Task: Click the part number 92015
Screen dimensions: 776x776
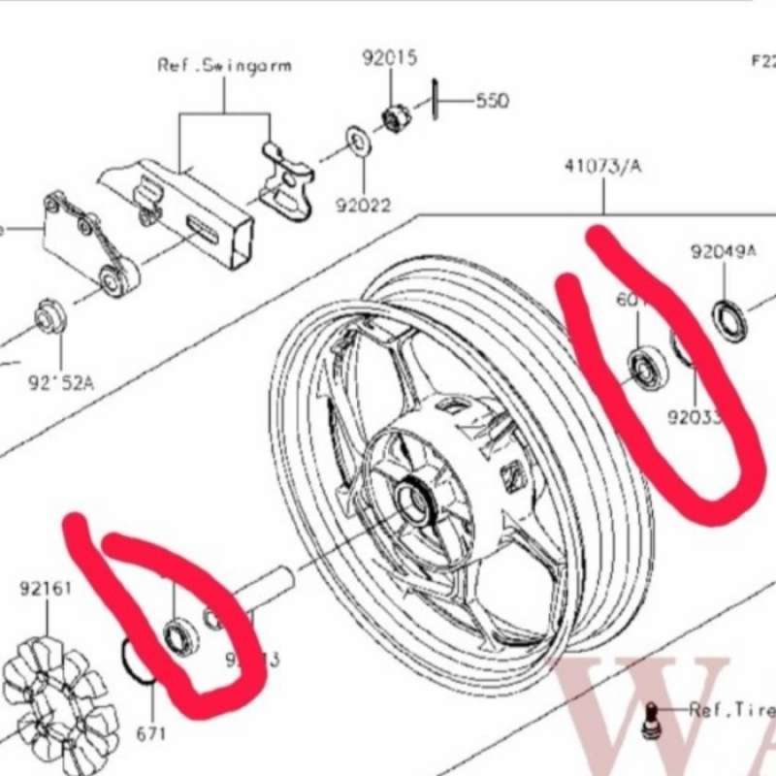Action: [x=390, y=58]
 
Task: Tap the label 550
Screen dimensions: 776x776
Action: [x=492, y=101]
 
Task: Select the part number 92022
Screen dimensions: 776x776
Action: [x=365, y=206]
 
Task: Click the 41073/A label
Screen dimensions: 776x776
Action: [x=602, y=166]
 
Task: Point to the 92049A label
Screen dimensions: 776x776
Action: [x=724, y=252]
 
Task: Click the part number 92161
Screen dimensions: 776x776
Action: [x=46, y=588]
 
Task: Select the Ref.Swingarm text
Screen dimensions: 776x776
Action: [x=224, y=66]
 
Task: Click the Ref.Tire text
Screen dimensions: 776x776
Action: [x=730, y=710]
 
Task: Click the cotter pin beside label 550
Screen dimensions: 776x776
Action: [x=438, y=97]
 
